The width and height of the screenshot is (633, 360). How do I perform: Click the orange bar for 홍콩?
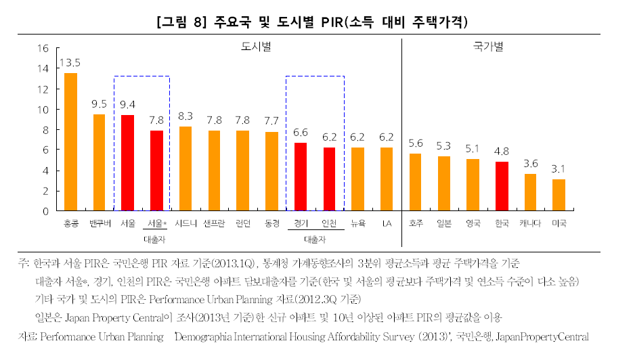tap(70, 142)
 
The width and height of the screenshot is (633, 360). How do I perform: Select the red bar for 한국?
tap(502, 186)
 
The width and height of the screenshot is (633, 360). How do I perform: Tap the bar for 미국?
tap(559, 195)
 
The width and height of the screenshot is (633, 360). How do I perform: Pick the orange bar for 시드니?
tap(185, 168)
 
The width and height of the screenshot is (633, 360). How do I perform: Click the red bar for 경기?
tap(300, 177)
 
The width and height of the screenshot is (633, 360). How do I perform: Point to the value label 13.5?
tap(70, 63)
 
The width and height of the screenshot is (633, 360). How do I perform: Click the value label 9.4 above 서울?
tap(127, 104)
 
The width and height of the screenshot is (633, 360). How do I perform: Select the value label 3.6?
tap(530, 163)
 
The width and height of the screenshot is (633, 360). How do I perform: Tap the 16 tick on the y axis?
tap(43, 48)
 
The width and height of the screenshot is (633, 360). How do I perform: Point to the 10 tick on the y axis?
tap(43, 109)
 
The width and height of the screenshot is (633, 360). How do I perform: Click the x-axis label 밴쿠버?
tap(99, 223)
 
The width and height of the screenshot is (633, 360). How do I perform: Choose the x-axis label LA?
tap(386, 223)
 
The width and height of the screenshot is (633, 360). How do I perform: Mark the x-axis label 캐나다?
tap(530, 223)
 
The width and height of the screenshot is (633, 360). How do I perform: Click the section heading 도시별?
tap(255, 47)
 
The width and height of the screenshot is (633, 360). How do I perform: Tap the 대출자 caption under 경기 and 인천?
tap(315, 239)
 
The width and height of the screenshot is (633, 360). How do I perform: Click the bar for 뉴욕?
tap(357, 179)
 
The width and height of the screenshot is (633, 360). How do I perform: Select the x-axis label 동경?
tap(271, 223)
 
